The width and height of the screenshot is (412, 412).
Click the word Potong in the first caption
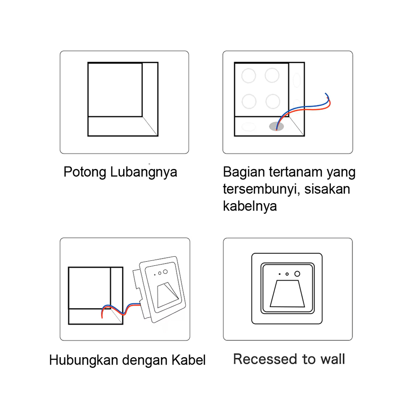[85, 172]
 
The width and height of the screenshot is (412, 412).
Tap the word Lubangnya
[144, 172]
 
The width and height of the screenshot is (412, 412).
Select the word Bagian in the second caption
[244, 172]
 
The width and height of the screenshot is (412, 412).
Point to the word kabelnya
[250, 206]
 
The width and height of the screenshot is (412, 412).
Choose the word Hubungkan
[84, 360]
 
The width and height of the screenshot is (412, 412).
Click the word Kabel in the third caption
[188, 360]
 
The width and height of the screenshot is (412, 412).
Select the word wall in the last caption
[332, 359]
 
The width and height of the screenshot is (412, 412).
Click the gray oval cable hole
[276, 126]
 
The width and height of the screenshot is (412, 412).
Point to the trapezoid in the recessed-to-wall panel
[287, 294]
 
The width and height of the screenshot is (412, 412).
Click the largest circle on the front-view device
[297, 274]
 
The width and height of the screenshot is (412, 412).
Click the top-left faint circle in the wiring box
[248, 76]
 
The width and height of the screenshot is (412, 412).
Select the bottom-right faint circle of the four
[273, 101]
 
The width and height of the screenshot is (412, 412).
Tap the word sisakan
[327, 189]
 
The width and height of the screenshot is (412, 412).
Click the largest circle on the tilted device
[165, 272]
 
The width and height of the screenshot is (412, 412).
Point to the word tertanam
[295, 172]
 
